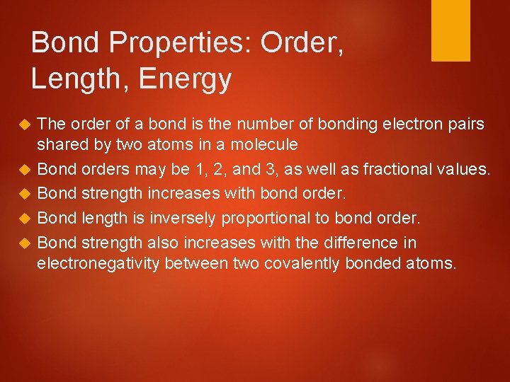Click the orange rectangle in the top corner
tap(450, 30)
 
